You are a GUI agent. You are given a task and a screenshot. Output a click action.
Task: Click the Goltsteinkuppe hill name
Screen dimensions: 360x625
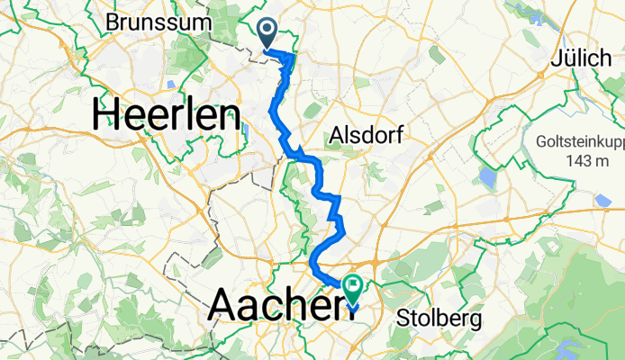pos(576,142)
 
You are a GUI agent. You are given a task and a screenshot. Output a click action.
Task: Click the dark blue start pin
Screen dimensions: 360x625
pos(268,32)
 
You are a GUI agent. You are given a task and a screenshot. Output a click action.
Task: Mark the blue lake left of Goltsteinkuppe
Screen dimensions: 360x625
pos(488,177)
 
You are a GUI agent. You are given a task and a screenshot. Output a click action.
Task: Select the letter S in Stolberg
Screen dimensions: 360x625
pos(404,319)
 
